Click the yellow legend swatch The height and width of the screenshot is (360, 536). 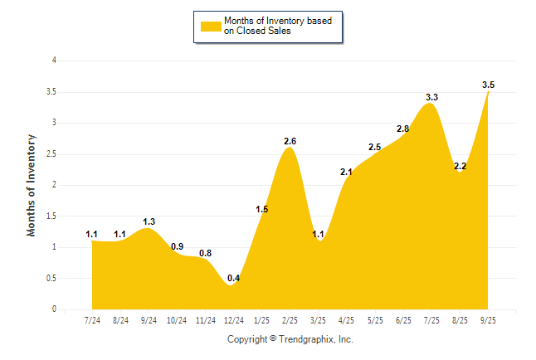pyautogui.click(x=211, y=26)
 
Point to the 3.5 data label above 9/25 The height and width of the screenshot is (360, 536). pyautogui.click(x=488, y=85)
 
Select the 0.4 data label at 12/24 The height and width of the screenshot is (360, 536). pyautogui.click(x=234, y=278)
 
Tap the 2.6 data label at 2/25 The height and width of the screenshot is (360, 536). pyautogui.click(x=290, y=141)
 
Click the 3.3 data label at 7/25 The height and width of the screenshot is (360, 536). pyautogui.click(x=431, y=97)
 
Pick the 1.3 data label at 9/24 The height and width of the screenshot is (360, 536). pyautogui.click(x=149, y=221)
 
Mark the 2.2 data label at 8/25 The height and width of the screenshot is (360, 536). pyautogui.click(x=460, y=166)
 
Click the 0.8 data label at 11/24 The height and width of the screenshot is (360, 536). pyautogui.click(x=205, y=253)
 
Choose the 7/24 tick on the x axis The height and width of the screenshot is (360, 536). pyautogui.click(x=92, y=320)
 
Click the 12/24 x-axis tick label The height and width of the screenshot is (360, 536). pyautogui.click(x=233, y=320)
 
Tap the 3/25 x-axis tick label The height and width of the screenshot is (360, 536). pyautogui.click(x=318, y=320)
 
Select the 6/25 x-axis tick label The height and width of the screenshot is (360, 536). pyautogui.click(x=403, y=320)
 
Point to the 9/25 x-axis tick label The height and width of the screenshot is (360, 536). pyautogui.click(x=488, y=320)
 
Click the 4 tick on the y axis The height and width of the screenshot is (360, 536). pyautogui.click(x=54, y=61)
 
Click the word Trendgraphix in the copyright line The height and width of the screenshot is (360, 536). pyautogui.click(x=309, y=339)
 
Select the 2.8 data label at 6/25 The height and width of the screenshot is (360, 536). pyautogui.click(x=403, y=129)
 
